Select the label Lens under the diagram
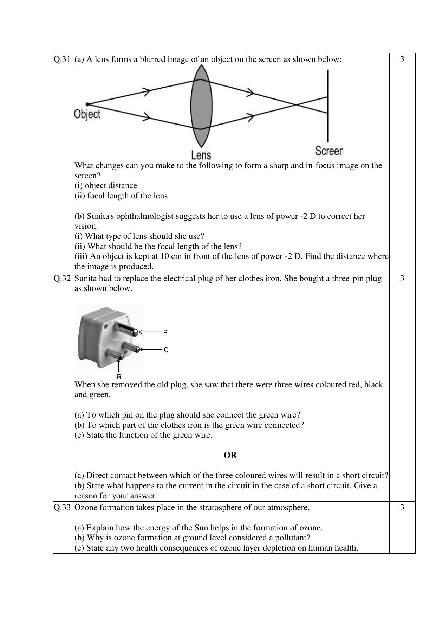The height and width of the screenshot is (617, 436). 201,155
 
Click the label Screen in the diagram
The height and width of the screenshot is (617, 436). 329,151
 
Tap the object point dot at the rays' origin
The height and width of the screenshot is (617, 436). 87,104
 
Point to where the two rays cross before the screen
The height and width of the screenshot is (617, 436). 296,104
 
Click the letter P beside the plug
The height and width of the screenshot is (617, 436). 165,332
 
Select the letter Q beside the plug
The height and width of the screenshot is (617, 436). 166,350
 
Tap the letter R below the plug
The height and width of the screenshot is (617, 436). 119,377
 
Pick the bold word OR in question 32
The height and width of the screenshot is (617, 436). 230,455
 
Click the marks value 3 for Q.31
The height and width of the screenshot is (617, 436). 402,59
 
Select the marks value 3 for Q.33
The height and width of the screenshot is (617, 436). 402,507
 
